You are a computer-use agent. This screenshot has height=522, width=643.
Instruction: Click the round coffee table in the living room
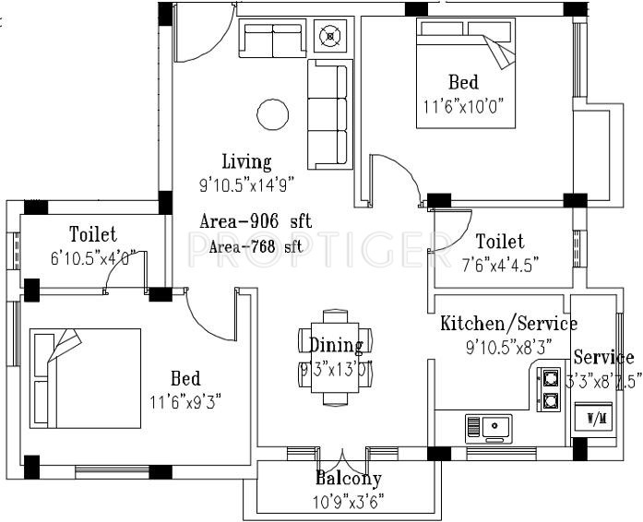point(272,114)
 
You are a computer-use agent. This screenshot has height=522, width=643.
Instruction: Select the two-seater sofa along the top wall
point(271,40)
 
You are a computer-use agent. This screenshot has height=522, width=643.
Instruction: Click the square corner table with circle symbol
point(327,38)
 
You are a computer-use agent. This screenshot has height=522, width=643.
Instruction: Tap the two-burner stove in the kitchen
point(550,388)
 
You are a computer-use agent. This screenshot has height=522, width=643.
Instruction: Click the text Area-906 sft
point(256,222)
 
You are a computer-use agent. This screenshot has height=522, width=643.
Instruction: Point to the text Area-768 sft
point(256,246)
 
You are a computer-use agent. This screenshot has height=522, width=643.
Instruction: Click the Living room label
point(246,162)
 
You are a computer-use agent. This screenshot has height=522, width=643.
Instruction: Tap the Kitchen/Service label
point(508,324)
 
